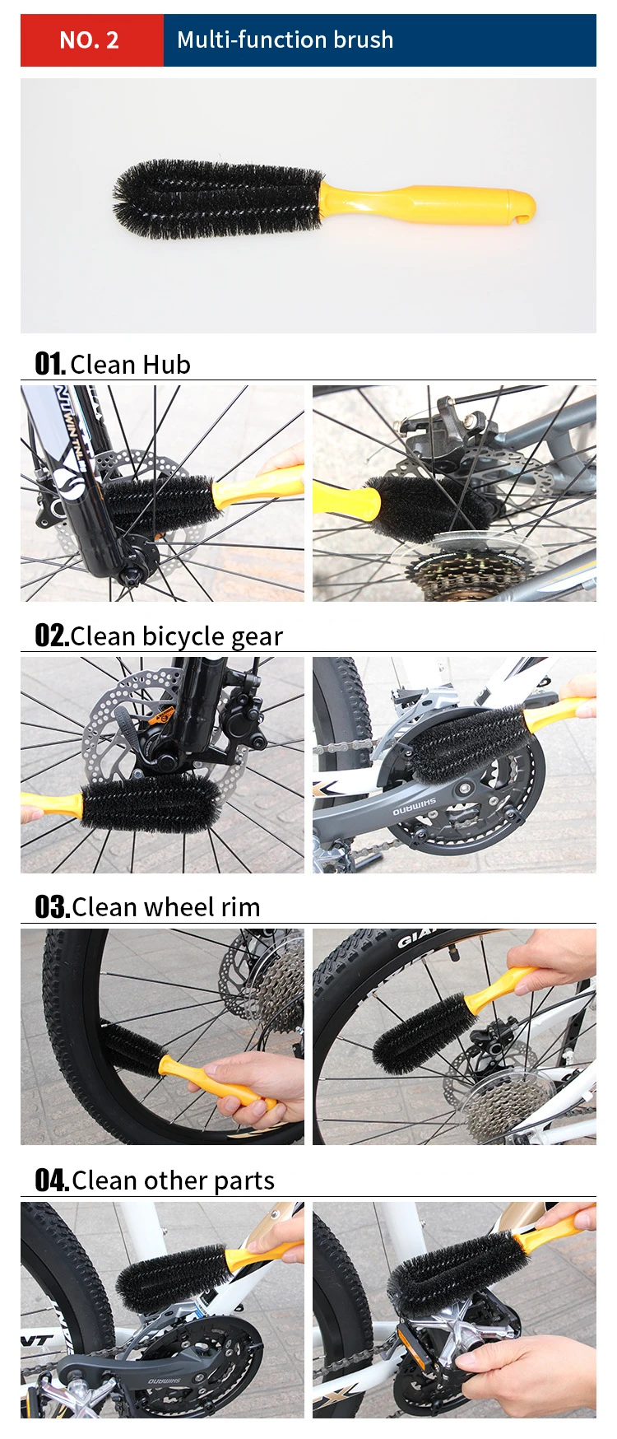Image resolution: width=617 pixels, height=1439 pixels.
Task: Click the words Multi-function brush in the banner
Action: point(285,40)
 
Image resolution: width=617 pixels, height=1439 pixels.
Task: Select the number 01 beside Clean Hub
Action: point(49,364)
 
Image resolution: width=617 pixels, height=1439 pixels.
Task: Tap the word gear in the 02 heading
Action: point(257,636)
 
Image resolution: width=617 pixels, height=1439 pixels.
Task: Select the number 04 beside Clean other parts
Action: point(51,1181)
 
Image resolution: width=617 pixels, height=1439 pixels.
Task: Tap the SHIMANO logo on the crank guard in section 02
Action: point(414,807)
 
